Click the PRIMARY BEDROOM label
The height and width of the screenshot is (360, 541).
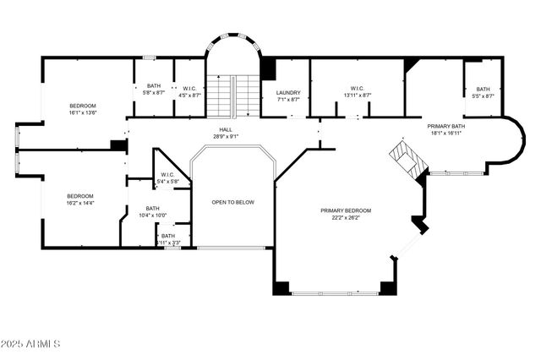click(345, 210)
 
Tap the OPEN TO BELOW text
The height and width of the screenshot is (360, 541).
click(232, 202)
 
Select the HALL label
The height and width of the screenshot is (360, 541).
click(222, 129)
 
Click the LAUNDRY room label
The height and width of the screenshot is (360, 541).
click(288, 93)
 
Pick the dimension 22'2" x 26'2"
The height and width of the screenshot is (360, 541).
click(345, 218)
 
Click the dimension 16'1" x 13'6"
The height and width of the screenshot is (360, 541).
click(83, 112)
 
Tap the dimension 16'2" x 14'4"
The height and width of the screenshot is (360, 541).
click(80, 203)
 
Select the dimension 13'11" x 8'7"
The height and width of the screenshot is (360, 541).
click(357, 95)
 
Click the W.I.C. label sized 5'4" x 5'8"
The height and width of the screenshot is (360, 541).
click(167, 175)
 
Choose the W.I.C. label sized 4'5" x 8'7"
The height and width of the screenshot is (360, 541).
click(191, 88)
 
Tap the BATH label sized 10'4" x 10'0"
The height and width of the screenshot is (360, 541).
click(152, 208)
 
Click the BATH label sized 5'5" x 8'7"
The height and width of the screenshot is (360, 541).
click(483, 89)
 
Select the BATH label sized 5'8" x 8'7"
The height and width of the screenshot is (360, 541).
click(154, 85)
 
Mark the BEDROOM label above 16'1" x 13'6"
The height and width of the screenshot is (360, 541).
click(83, 105)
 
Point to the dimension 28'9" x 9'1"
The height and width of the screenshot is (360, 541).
click(222, 136)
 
